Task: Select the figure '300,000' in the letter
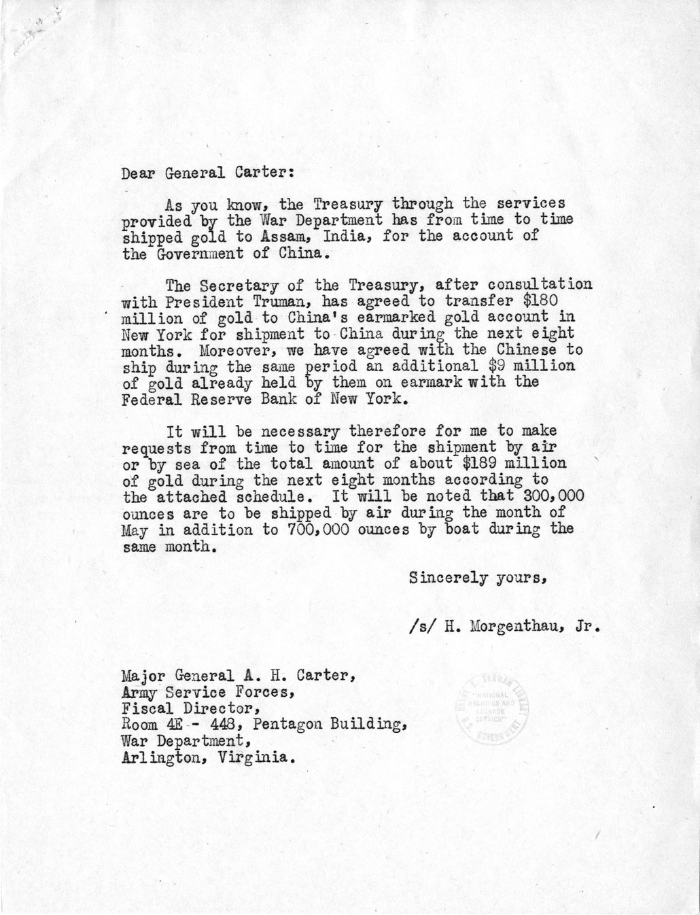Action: point(540,496)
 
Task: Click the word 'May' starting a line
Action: point(135,530)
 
